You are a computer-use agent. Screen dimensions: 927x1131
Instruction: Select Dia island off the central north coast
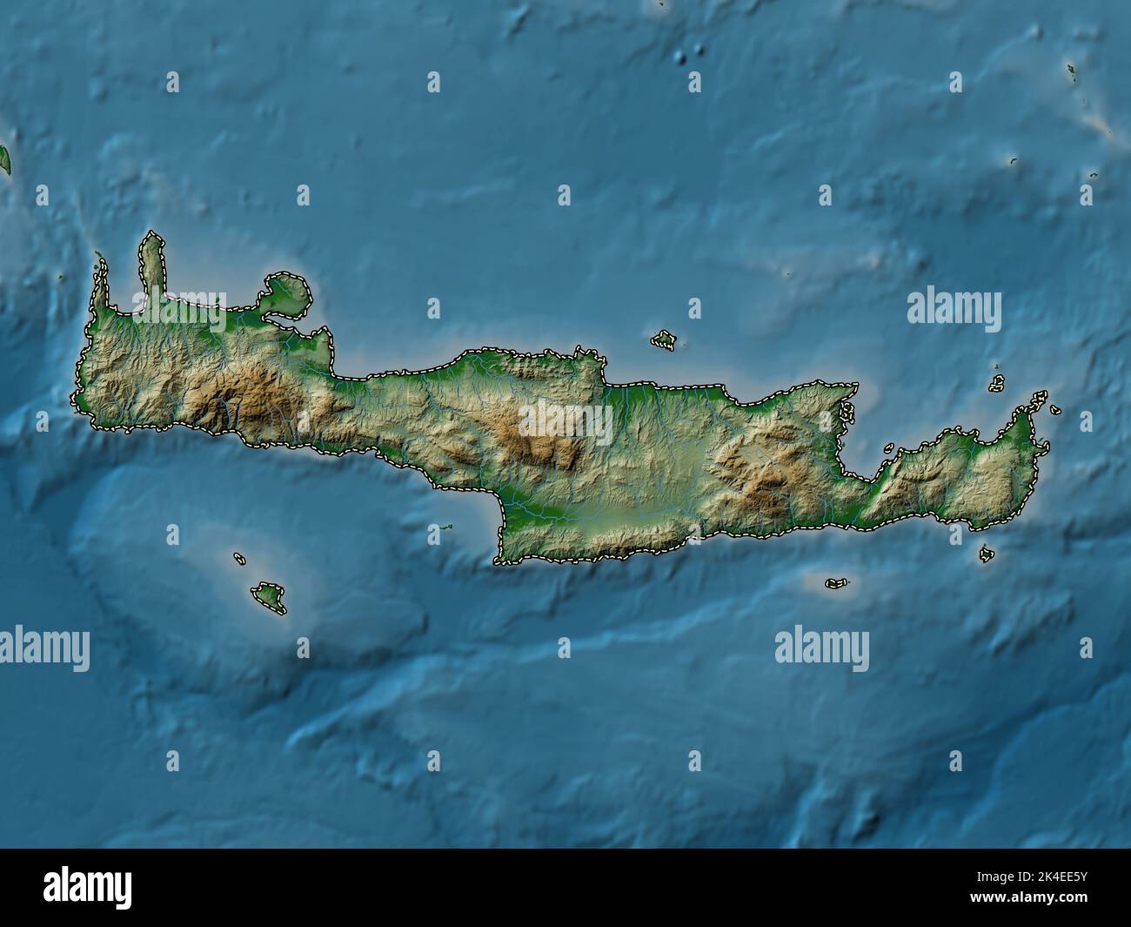click(x=665, y=339)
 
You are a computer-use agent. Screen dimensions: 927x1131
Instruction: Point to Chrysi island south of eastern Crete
click(x=837, y=583)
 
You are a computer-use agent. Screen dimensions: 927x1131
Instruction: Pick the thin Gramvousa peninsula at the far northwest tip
click(x=99, y=279)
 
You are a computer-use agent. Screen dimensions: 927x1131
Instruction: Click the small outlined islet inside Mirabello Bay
click(x=888, y=449)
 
